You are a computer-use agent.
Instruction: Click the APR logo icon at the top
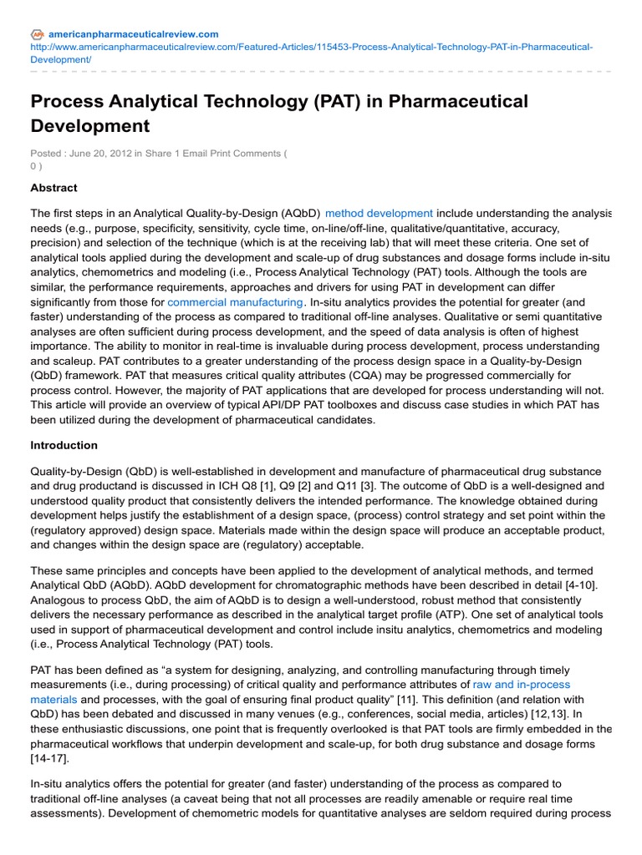click(x=38, y=34)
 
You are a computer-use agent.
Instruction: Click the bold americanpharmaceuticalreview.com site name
click(x=134, y=34)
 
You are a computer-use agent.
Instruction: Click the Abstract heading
click(x=53, y=188)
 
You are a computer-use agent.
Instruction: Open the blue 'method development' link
click(x=379, y=213)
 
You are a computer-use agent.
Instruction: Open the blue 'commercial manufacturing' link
click(x=235, y=301)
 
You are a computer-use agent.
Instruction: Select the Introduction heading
click(x=64, y=445)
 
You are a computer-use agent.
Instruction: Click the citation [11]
click(x=441, y=699)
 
